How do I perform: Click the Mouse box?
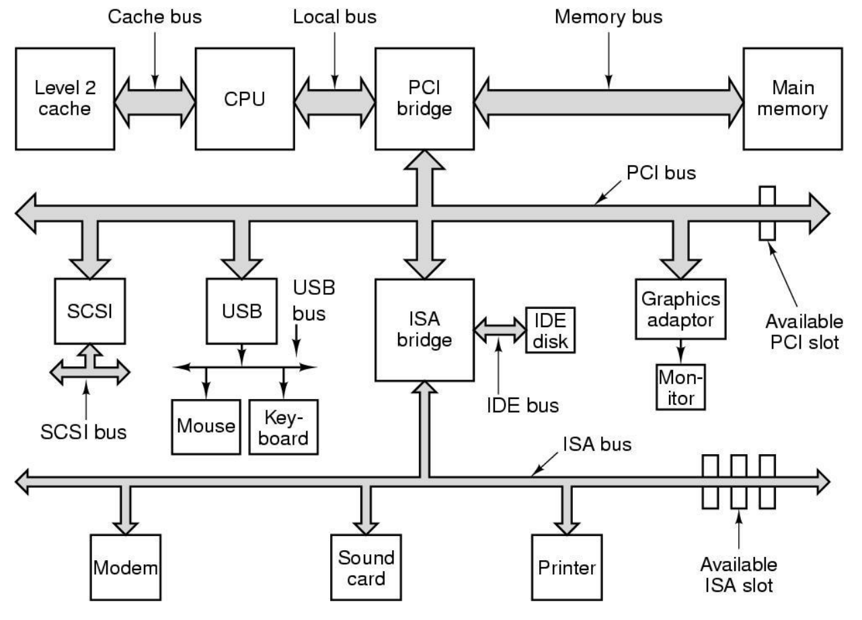click(206, 426)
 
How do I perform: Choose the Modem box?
click(126, 568)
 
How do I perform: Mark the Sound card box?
click(366, 568)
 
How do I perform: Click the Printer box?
click(566, 568)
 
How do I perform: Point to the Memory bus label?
click(608, 17)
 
